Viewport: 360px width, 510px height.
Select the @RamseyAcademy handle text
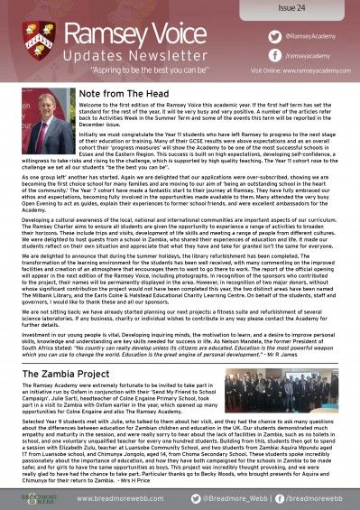pos(291,32)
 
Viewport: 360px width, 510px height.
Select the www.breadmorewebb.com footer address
pos(120,496)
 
